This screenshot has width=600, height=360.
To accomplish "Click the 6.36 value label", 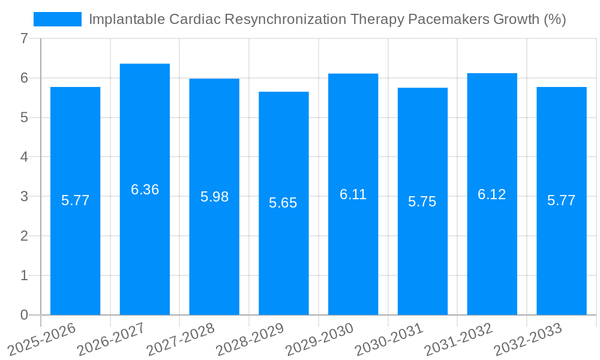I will coord(145,190).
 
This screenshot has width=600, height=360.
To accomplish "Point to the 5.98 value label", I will coord(214,197).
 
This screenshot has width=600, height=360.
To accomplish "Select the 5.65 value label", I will coord(283,203).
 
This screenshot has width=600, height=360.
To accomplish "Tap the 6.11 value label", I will coord(353,194).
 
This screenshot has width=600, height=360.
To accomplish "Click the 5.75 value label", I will coord(422,202).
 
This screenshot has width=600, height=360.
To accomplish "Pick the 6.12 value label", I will coord(492,194).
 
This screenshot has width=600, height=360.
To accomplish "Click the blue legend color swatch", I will coord(58,19).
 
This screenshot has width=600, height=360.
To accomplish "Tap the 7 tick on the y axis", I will coord(24,38).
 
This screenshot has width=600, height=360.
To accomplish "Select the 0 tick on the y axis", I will coord(24,315).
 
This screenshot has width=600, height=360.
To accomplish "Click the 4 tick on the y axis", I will coord(24,157).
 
